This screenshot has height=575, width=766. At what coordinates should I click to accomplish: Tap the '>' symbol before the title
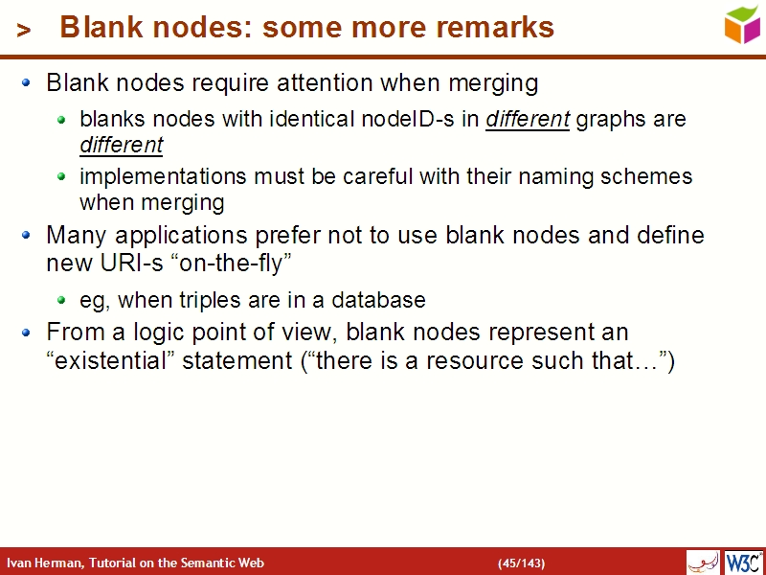tap(24, 31)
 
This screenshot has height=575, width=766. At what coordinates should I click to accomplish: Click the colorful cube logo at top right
tap(742, 24)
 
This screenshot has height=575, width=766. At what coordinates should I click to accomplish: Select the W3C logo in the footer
tap(744, 562)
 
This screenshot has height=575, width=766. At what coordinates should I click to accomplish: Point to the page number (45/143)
tap(521, 563)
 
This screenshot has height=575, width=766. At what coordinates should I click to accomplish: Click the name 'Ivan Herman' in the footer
tap(44, 563)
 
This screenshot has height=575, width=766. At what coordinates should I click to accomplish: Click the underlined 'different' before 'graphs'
tap(528, 120)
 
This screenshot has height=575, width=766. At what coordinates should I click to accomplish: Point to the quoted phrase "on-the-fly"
tap(230, 263)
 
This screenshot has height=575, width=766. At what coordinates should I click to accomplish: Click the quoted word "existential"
tap(111, 361)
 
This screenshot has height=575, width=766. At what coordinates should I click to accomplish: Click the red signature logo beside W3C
tap(704, 562)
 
